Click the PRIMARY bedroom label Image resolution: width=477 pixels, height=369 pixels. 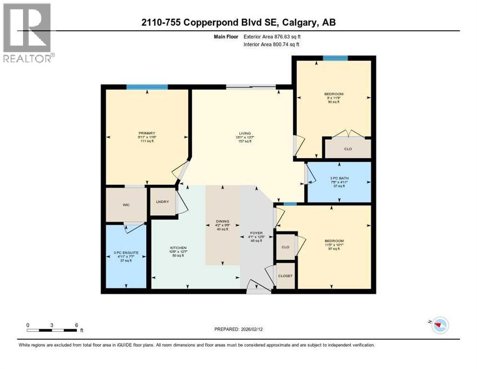tap(147, 133)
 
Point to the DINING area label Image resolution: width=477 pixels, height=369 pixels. tap(222, 221)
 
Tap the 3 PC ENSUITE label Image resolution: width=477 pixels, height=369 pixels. tap(126, 252)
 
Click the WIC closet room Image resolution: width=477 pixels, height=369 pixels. tap(126, 205)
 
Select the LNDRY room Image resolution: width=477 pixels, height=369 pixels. tap(163, 201)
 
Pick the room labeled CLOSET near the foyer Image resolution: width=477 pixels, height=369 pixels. tap(286, 276)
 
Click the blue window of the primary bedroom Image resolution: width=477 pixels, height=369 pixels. tap(147, 87)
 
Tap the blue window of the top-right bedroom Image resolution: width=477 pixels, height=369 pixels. tap(335, 58)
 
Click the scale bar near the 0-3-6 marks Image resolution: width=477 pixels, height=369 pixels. tap(52, 330)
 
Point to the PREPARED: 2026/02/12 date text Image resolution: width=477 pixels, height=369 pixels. tap(239, 329)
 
